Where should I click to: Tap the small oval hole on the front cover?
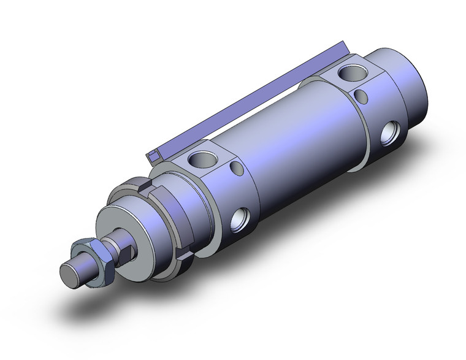click(x=236, y=169)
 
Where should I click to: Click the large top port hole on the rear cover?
click(x=355, y=74)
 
